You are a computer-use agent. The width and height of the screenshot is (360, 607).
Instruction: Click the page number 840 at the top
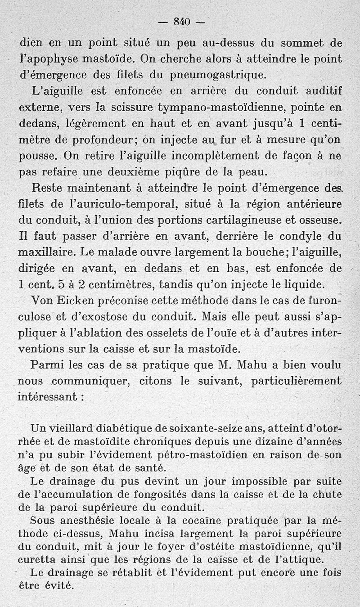coord(182,21)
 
